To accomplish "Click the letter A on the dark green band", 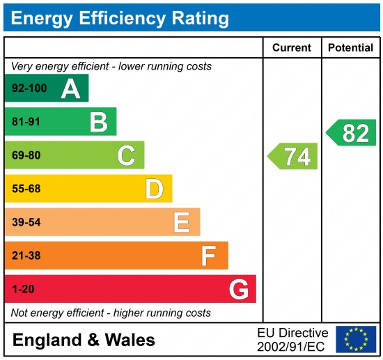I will tap(70, 88).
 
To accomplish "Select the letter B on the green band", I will tap(98, 123).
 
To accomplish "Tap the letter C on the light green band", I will tap(126, 156).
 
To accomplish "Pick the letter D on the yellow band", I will tap(154, 189).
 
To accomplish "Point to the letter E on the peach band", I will tap(182, 223).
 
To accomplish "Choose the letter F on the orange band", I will tap(208, 256).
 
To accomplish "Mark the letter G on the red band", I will tap(239, 290).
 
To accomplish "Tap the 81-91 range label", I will tap(26, 123).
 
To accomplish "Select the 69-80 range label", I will tap(26, 156).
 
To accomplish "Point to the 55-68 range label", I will tap(26, 189).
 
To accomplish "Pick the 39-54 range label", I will tap(26, 223).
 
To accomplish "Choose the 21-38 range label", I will tap(26, 256).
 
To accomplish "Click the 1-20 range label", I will tap(22, 290).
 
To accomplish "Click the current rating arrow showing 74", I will tap(293, 157).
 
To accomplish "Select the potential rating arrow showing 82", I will tap(352, 133).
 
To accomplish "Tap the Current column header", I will tap(291, 48).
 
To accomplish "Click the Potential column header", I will tap(351, 48).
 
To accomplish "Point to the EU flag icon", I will tap(355, 339).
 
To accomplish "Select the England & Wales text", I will tap(84, 341).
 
